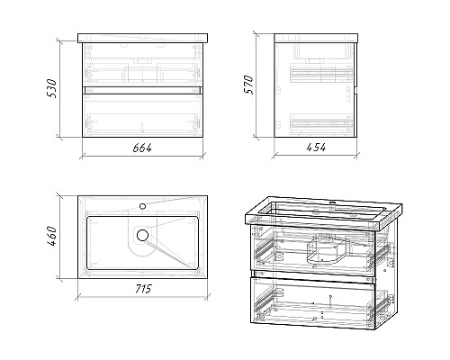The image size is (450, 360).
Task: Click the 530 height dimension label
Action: [x=51, y=88]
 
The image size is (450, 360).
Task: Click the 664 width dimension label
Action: [x=142, y=148]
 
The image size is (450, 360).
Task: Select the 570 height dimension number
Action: [x=249, y=85]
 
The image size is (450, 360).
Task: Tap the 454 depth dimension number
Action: [x=316, y=148]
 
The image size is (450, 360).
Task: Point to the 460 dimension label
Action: [x=51, y=236]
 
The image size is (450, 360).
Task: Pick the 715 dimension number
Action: [x=143, y=289]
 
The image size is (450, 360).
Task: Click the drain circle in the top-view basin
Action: [x=142, y=235]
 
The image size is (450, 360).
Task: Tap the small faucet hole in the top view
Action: [x=143, y=206]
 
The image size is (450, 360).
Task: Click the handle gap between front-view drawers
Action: [x=142, y=91]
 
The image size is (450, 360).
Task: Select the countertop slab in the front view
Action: [x=142, y=38]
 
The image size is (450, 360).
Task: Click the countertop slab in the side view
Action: [x=316, y=38]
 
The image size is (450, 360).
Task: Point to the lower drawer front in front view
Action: [x=142, y=115]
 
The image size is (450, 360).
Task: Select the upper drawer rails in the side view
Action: [x=321, y=74]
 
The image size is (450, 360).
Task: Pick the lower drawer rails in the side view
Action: [x=321, y=122]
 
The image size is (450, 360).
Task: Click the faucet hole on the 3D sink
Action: [x=332, y=202]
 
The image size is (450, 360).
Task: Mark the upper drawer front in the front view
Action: [x=142, y=65]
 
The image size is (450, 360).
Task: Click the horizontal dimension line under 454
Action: [x=316, y=156]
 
